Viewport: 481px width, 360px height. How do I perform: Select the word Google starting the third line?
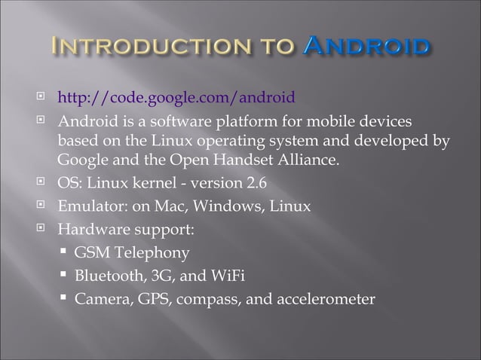click(83, 161)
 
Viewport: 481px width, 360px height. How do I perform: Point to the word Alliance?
click(308, 161)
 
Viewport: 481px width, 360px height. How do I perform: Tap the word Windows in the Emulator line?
click(225, 206)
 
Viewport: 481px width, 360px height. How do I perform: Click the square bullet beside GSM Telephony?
click(63, 253)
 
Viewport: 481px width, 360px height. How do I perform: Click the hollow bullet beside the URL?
click(43, 98)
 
